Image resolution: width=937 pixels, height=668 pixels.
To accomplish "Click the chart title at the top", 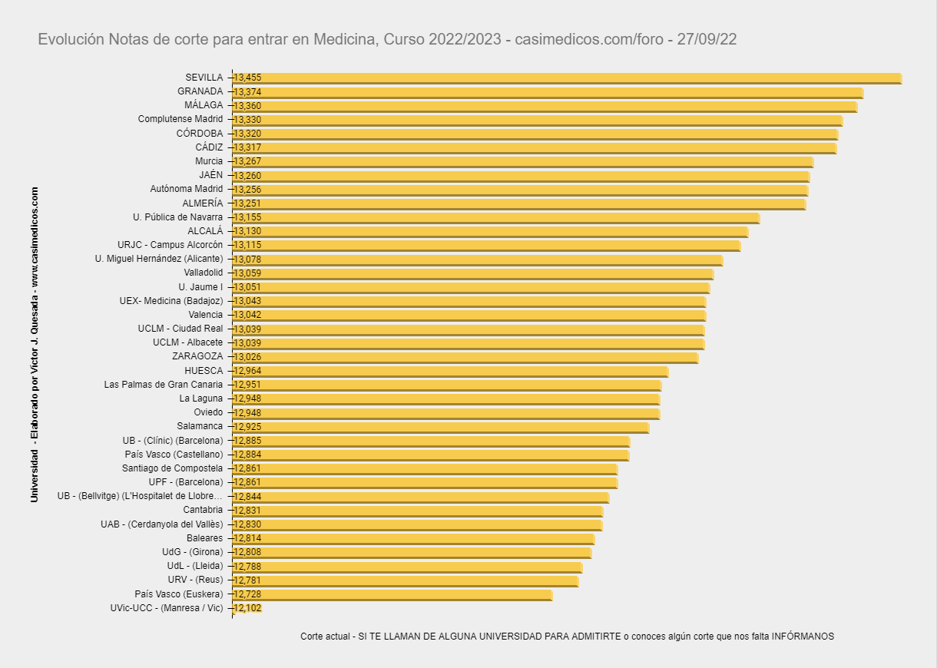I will (x=387, y=39).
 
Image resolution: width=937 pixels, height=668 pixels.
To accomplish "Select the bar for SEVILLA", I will (x=567, y=78).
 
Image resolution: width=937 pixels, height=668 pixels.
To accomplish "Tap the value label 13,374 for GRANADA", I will (x=247, y=92).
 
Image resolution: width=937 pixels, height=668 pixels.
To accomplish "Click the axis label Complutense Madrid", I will (x=180, y=119).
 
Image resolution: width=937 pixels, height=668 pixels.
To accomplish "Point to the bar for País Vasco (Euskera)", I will (x=392, y=594).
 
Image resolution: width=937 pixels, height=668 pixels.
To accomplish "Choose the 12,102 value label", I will (x=247, y=608).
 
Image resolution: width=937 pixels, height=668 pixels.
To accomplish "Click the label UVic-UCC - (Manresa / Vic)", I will (x=167, y=608).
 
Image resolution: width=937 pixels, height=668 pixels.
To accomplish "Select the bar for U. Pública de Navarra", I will (x=495, y=217).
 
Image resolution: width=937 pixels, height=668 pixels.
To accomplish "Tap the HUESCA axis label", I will (x=204, y=371).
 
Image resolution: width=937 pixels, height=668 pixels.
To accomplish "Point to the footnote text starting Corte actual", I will (x=567, y=637).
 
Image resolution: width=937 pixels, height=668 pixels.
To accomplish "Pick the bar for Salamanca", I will (x=440, y=426).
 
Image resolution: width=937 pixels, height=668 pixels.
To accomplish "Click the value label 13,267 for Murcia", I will (x=247, y=161).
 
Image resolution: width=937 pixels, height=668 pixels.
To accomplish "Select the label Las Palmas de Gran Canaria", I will (x=164, y=385).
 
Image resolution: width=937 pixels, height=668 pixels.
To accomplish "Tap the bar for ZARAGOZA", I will (x=465, y=357).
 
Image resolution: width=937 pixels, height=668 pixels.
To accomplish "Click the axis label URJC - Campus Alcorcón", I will (x=171, y=245).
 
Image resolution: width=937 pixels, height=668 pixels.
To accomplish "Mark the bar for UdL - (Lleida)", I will (x=407, y=567).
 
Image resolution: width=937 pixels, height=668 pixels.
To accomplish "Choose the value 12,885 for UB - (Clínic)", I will (x=247, y=441).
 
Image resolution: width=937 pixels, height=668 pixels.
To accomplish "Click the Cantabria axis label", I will (x=203, y=510).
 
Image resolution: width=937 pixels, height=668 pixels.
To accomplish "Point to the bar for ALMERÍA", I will (x=518, y=203).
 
